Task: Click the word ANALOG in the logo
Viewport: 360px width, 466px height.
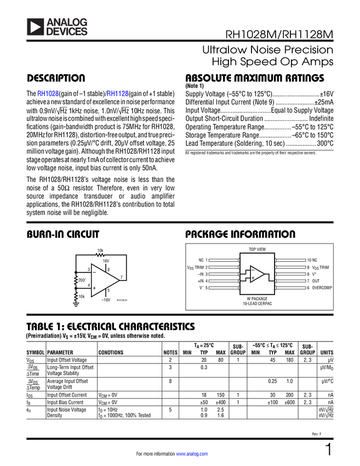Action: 67,21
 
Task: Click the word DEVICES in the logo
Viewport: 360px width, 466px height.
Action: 67,32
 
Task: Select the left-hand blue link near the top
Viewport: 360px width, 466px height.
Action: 47,94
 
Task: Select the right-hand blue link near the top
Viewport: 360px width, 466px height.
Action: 118,94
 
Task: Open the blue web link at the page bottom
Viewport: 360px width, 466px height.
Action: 192,454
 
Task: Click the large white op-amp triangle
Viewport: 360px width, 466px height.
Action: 103,280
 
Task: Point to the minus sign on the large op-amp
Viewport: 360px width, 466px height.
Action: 94,272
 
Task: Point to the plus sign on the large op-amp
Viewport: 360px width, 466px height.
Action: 94,288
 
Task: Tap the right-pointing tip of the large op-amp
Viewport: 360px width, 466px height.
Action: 118,280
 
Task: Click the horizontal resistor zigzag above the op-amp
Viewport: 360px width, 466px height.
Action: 100,254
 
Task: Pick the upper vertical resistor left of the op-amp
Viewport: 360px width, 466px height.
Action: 76,281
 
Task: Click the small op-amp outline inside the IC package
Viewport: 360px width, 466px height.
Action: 257,274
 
